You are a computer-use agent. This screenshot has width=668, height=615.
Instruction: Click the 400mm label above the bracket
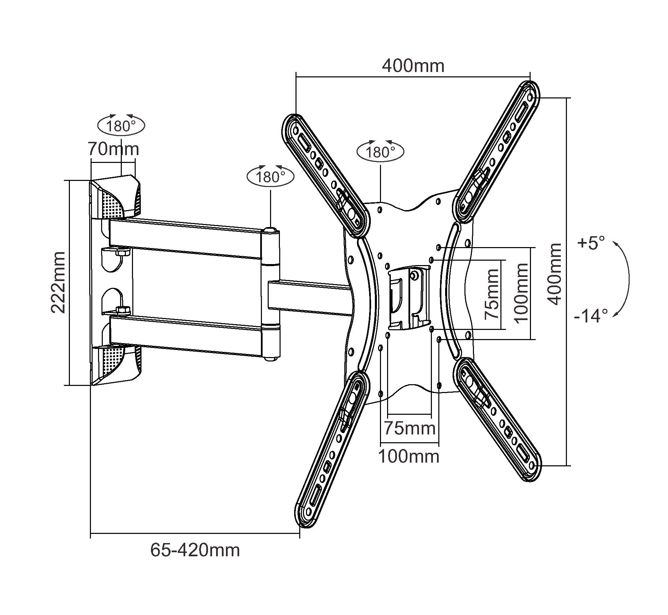click(x=413, y=66)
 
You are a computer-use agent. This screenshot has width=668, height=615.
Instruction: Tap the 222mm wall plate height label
click(x=58, y=282)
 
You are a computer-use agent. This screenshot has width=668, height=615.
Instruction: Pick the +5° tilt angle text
click(x=592, y=243)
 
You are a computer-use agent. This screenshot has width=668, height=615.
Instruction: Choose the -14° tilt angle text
click(x=591, y=316)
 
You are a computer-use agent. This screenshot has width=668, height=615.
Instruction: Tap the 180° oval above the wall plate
click(x=121, y=126)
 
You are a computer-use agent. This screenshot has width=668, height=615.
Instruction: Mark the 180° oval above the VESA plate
click(x=380, y=152)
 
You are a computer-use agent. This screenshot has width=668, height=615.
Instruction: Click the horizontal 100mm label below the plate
click(x=408, y=456)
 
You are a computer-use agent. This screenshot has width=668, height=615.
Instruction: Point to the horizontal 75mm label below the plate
click(x=409, y=428)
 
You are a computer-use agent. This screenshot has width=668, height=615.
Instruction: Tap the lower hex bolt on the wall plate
click(x=122, y=310)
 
